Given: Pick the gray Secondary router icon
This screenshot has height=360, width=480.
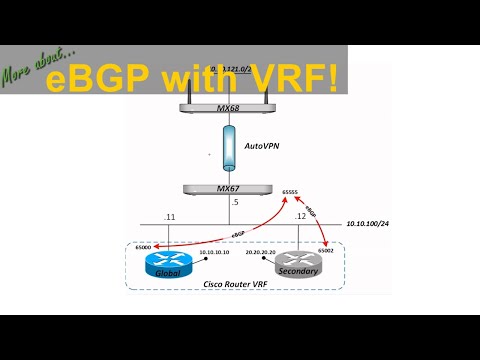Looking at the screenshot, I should click(298, 265).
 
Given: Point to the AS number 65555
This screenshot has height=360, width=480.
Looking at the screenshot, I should click(292, 191).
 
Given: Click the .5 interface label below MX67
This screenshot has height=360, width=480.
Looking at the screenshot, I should click(236, 204).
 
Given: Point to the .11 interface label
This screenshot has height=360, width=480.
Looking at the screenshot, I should click(170, 216).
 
